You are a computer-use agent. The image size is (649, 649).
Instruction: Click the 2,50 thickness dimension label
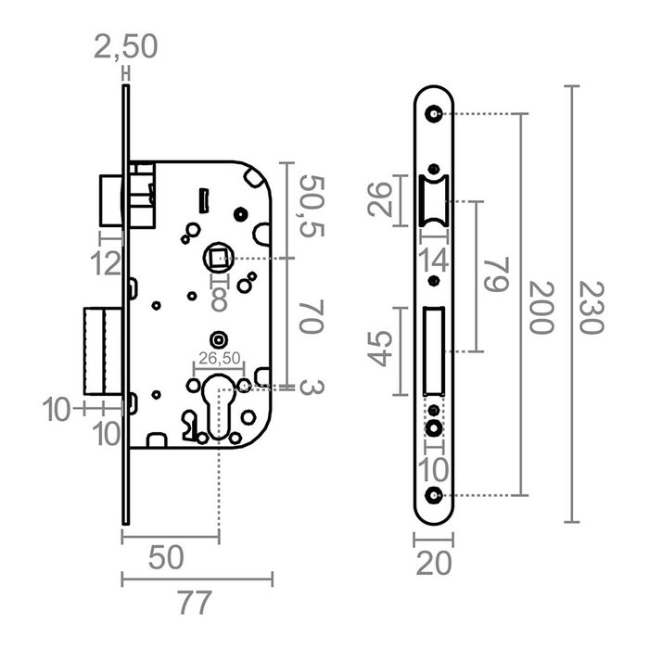126,45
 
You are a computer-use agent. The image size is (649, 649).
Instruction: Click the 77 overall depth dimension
195,604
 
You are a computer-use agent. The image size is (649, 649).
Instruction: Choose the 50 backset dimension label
167,558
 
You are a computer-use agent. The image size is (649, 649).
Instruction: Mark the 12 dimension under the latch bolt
108,263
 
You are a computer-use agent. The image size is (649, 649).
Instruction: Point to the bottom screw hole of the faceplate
433,494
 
